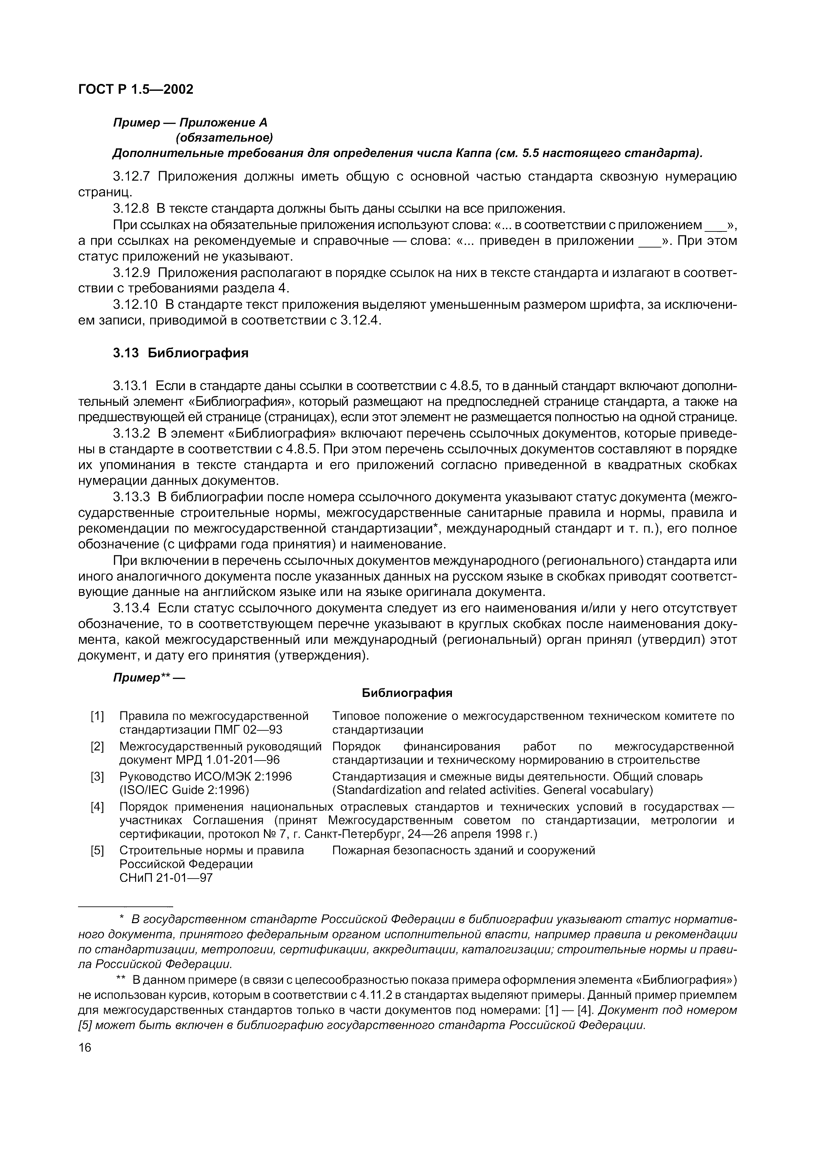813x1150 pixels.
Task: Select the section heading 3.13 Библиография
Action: (x=180, y=353)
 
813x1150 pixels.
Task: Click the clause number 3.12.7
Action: (x=131, y=176)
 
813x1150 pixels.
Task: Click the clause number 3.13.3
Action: (x=131, y=497)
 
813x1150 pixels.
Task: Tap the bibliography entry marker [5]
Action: (x=97, y=850)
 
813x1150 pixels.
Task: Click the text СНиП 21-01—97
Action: (x=166, y=878)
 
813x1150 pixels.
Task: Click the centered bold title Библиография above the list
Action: (x=407, y=693)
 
